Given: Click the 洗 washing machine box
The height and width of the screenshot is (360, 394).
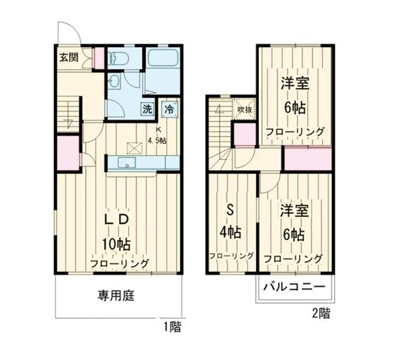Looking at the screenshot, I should coord(148,109).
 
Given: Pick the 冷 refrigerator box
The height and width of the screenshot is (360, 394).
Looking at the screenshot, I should coord(169,109).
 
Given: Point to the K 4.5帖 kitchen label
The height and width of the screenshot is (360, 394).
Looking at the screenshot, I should coord(156,136).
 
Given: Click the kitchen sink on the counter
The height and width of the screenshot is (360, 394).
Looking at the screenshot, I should coord(128,163).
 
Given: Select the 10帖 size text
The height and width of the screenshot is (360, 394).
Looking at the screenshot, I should coord(115,244).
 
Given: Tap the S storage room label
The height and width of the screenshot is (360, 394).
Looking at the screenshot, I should coord(230,209).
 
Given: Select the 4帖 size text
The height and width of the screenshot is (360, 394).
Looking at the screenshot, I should coord(230,232).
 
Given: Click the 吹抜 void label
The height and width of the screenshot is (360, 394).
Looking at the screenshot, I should coord(244,108).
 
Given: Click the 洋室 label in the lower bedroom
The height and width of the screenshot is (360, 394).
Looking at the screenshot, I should coord(294,211).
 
